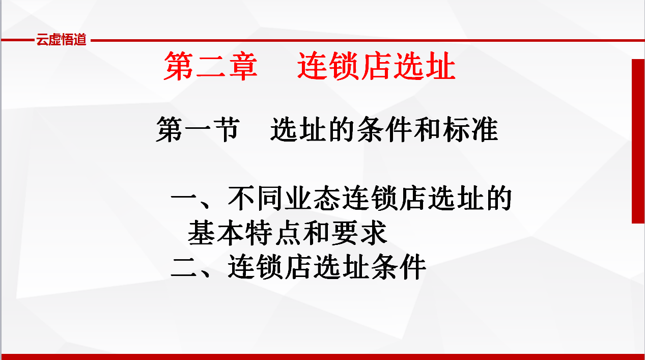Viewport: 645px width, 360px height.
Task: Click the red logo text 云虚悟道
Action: click(x=61, y=39)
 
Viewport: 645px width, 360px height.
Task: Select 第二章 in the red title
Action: click(x=210, y=66)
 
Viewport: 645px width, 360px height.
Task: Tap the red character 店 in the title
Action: click(x=377, y=66)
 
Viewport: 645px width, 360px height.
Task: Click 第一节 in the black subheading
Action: click(x=198, y=129)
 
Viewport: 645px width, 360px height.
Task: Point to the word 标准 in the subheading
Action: click(x=470, y=129)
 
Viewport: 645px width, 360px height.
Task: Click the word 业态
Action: click(x=313, y=198)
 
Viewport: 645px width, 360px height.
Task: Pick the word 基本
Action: click(x=216, y=233)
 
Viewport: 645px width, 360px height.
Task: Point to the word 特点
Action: click(x=273, y=233)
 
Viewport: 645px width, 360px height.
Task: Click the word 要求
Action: click(x=359, y=233)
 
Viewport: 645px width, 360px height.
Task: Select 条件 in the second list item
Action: click(x=399, y=267)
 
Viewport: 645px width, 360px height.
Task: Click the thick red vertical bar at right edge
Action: click(x=638, y=141)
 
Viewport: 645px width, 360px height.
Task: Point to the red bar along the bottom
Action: click(x=323, y=357)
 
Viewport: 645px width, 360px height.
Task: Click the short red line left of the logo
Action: click(x=17, y=40)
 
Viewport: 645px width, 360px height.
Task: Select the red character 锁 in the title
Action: click(x=344, y=66)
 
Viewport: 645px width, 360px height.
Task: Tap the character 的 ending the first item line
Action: click(x=499, y=198)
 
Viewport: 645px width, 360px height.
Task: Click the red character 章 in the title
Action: click(x=243, y=66)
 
